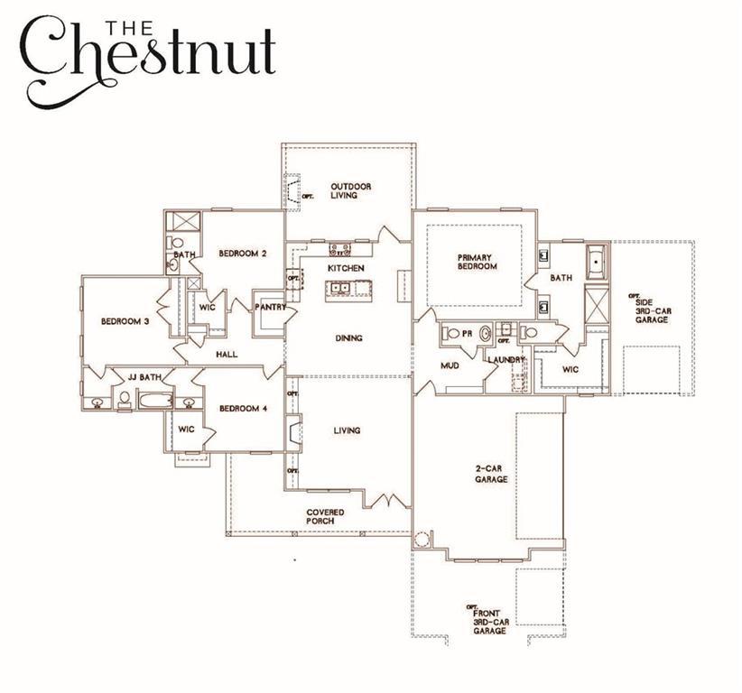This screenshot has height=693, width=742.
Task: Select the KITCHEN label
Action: (346, 269)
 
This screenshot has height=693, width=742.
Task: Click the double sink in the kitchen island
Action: (341, 289)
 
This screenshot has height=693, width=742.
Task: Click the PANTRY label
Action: (271, 307)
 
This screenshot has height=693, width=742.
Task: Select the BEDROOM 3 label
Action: (125, 321)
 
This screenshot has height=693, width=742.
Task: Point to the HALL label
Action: (227, 355)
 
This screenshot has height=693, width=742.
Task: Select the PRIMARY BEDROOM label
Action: (476, 262)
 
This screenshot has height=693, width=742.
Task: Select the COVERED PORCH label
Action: (325, 516)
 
